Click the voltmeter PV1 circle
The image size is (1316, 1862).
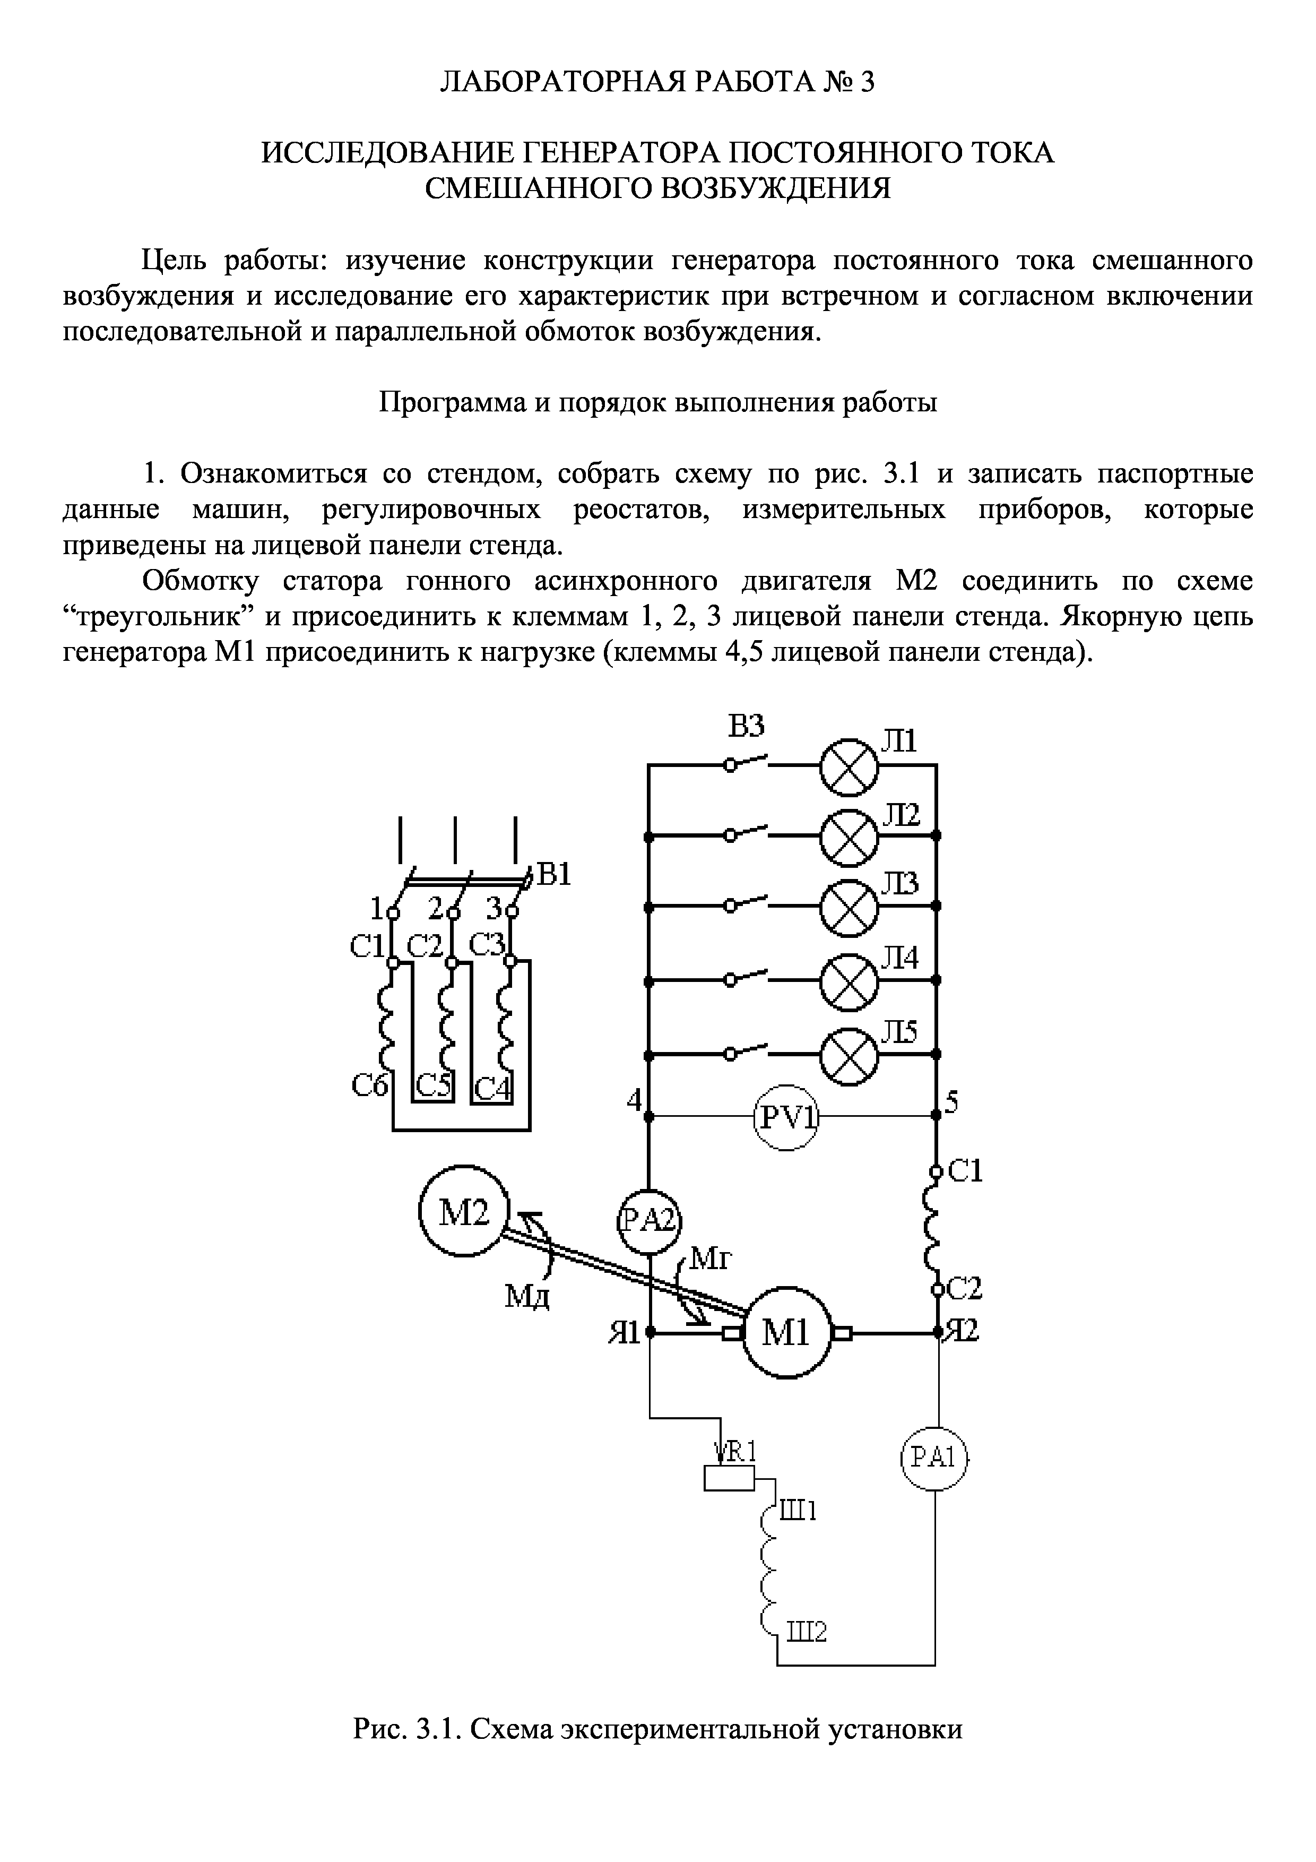786,1117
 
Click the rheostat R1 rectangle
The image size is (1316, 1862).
728,1478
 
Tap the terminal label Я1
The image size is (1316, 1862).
624,1332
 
